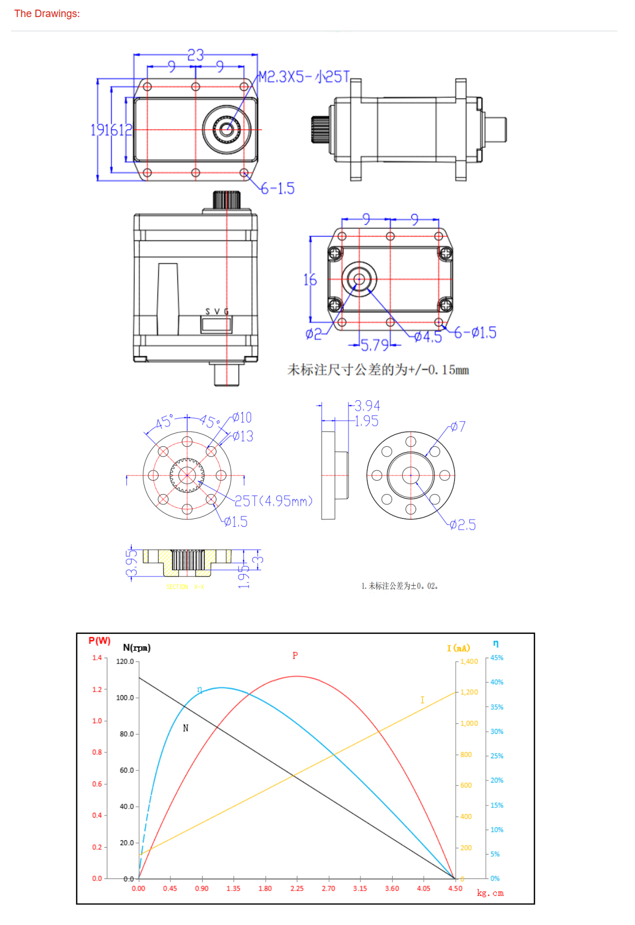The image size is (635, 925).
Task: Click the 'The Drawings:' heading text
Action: click(47, 14)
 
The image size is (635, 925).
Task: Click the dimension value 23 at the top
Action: click(195, 55)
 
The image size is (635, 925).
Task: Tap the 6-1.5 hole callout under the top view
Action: click(278, 188)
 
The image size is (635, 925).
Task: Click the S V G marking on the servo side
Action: click(217, 312)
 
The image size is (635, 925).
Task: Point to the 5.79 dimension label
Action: click(375, 346)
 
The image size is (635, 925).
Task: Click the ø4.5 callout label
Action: click(428, 337)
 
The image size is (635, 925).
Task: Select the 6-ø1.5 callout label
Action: click(475, 333)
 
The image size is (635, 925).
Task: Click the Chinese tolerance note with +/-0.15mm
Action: click(378, 370)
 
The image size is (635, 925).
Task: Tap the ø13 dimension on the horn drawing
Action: click(243, 436)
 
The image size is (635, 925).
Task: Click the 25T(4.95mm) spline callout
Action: click(274, 501)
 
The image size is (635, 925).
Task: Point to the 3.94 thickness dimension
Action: click(367, 406)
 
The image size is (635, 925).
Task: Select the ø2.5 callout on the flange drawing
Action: click(463, 525)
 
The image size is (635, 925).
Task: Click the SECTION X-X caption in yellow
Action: click(185, 587)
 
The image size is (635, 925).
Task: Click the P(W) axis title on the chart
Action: click(99, 641)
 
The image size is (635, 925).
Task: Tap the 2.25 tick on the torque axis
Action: click(297, 888)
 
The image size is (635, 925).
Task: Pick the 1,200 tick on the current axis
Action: click(469, 692)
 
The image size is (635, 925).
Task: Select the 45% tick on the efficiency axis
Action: click(496, 658)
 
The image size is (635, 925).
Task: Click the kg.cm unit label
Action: click(490, 893)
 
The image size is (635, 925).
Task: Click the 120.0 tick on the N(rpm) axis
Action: click(125, 661)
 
